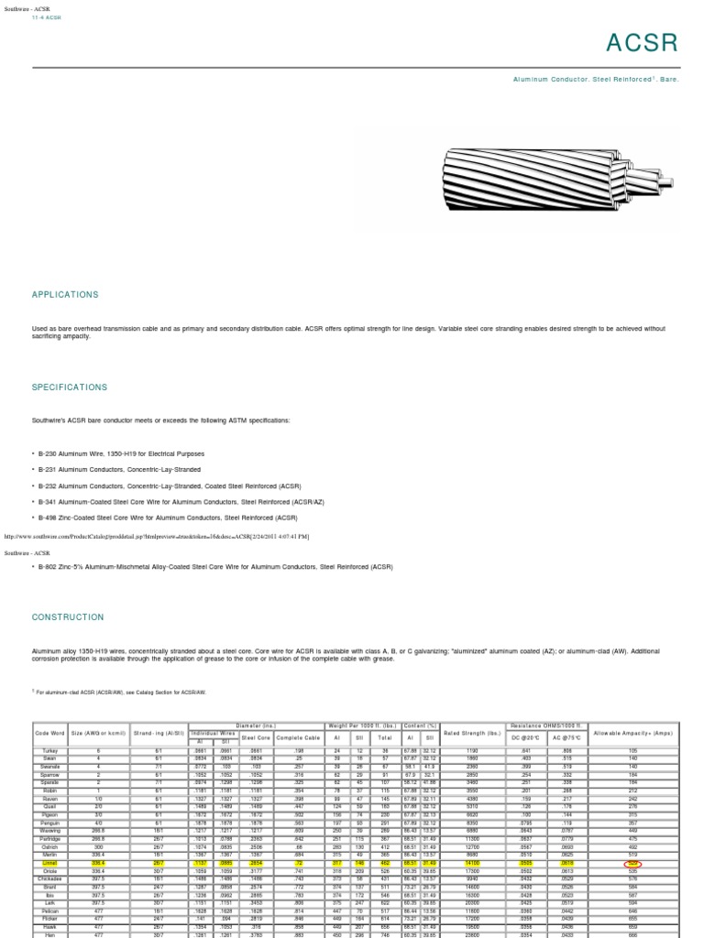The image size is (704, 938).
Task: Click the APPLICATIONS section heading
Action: click(x=65, y=295)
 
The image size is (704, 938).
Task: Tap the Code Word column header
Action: click(x=50, y=735)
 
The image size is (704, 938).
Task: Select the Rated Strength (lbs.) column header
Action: click(x=471, y=735)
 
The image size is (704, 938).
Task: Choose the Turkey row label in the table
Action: click(x=50, y=750)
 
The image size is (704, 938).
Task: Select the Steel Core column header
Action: click(x=255, y=736)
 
